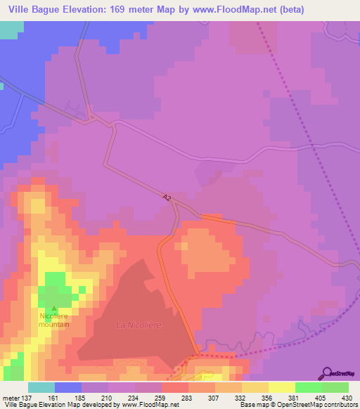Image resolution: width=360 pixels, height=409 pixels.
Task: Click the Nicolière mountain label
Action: pyautogui.click(x=54, y=320)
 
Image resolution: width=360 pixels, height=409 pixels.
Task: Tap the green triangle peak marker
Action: pyautogui.click(x=54, y=307)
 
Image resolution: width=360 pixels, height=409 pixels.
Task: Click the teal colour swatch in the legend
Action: pyautogui.click(x=41, y=387)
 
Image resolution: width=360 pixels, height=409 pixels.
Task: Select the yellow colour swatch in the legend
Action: pyautogui.click(x=281, y=387)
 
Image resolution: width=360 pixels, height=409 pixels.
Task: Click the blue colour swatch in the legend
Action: pyautogui.click(x=68, y=387)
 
